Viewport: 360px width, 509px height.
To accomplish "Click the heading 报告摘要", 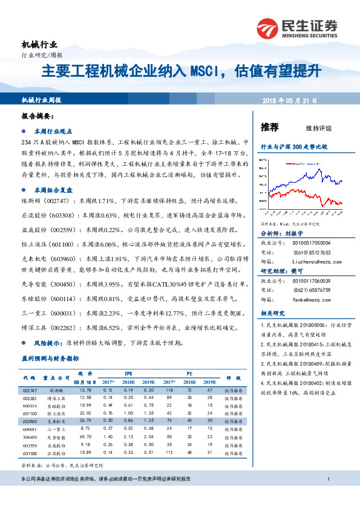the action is pyautogui.click(x=37, y=115).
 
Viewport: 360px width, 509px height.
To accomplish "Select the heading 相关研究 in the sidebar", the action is pyautogui.click(x=270, y=314).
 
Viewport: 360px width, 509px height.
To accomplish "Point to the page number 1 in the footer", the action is pyautogui.click(x=327, y=479).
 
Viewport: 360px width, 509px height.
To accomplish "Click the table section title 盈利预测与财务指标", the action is pyautogui.click(x=50, y=358).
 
